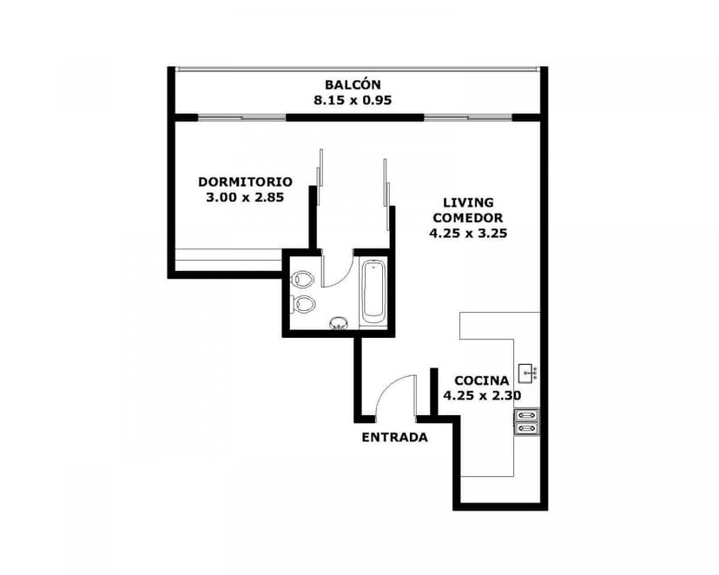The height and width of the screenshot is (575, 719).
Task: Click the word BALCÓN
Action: tap(353, 84)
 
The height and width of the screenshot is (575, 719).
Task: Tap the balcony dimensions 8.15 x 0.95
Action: tap(353, 100)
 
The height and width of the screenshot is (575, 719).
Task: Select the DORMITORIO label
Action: tap(245, 182)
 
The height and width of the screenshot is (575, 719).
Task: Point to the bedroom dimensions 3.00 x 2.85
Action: tap(245, 197)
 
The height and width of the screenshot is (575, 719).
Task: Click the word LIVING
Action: tap(468, 202)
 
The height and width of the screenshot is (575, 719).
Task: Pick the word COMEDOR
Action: tap(468, 217)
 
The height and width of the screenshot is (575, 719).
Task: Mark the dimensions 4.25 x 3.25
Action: tap(468, 233)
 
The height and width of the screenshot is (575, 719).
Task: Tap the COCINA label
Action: tap(481, 380)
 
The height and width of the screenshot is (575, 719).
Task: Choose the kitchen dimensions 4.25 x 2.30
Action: tap(482, 395)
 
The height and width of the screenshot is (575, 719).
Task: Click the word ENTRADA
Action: tap(395, 438)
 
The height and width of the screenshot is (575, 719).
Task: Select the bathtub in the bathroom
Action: tap(373, 292)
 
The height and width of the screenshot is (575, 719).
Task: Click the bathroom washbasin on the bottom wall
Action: tap(339, 323)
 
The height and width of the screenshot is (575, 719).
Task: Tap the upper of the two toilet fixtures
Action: tap(303, 279)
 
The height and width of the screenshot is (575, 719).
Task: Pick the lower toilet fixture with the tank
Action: tap(303, 304)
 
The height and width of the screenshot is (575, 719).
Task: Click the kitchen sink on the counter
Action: tap(527, 373)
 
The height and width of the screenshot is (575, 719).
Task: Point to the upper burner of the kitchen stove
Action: tap(526, 415)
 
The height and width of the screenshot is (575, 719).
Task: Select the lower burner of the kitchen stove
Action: tap(526, 428)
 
